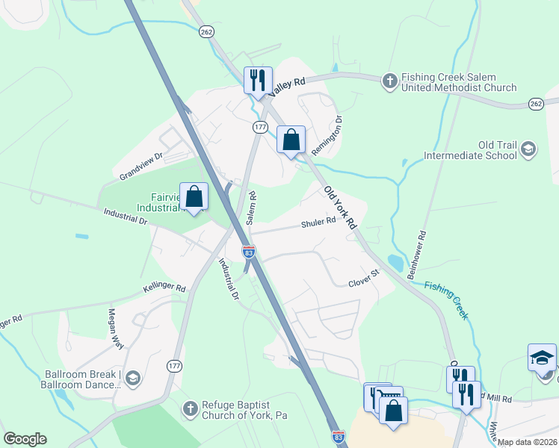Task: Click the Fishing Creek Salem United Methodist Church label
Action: [x=458, y=82]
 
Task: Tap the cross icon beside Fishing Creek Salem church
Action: [x=389, y=80]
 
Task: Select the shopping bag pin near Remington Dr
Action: [x=291, y=140]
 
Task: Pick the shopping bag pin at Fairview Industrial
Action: [x=194, y=197]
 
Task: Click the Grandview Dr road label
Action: [x=140, y=167]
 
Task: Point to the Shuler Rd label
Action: [x=318, y=223]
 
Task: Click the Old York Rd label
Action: [x=341, y=208]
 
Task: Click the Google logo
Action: [x=25, y=439]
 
